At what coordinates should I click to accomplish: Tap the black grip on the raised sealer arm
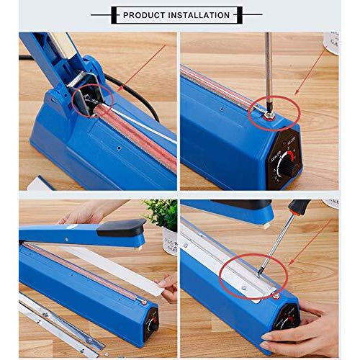click(x=121, y=229)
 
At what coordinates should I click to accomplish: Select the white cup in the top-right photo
click(x=332, y=42)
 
